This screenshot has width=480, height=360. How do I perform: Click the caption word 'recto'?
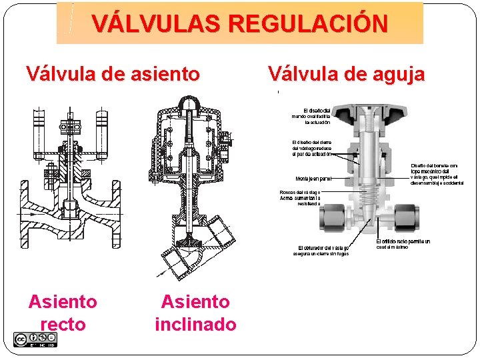pos(63,325)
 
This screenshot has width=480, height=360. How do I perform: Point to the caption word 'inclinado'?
pos(195,325)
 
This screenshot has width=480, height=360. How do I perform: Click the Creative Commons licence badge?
pos(35,339)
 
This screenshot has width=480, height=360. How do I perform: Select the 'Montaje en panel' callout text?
pos(313,179)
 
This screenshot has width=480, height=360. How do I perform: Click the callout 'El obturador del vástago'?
pos(323,251)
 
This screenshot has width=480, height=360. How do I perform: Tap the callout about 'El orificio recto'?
pos(403,244)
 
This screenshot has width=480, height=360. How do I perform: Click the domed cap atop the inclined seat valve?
pos(191,103)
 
